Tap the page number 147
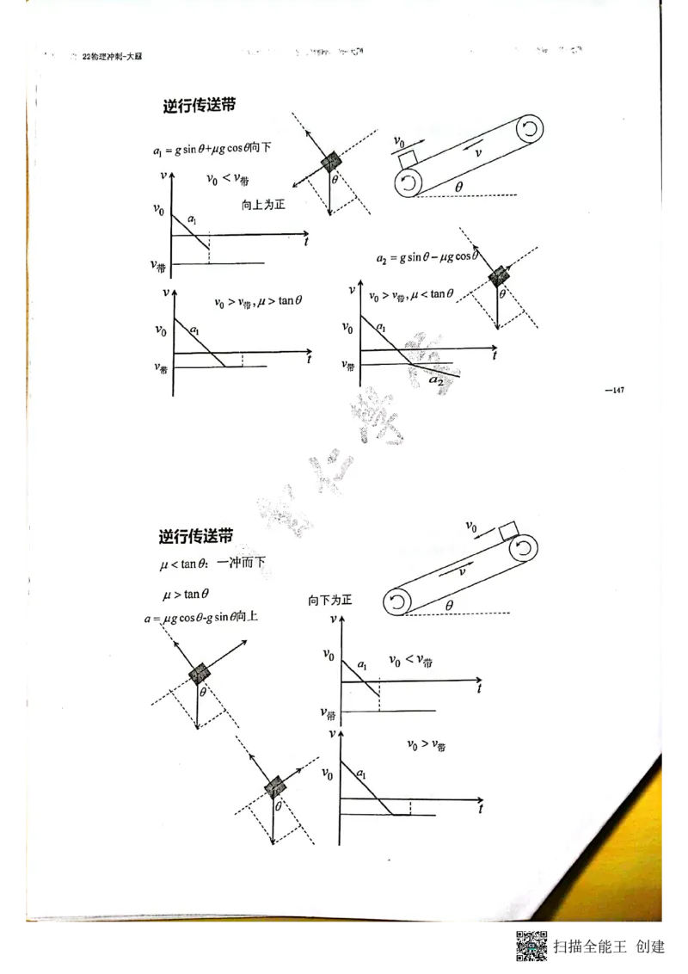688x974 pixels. tap(615, 391)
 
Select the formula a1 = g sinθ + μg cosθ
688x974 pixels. tap(211, 149)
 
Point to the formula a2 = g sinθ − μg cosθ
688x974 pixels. tap(425, 257)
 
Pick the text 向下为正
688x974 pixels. tap(330, 600)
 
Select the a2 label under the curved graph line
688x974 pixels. tap(437, 379)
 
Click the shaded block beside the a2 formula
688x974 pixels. tap(499, 276)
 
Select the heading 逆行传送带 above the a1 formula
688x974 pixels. tap(200, 106)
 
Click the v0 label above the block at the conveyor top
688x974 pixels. tap(471, 526)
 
